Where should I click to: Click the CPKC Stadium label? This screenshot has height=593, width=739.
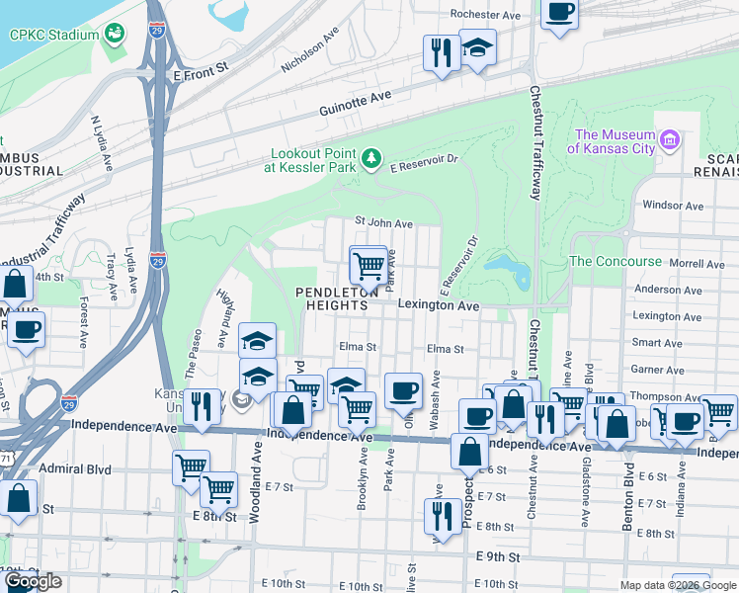(x=54, y=35)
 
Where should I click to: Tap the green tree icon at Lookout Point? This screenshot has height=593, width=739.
(x=371, y=158)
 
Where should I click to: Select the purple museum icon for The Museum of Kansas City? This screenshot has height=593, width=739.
(x=670, y=139)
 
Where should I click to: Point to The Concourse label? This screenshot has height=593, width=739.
(x=616, y=261)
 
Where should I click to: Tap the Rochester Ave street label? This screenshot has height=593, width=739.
(x=485, y=15)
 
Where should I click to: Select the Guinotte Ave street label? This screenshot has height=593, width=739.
(x=356, y=99)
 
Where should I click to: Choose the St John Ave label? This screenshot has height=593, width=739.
(x=383, y=224)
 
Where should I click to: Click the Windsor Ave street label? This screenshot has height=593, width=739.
(x=672, y=206)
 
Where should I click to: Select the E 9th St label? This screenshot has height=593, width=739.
(x=498, y=557)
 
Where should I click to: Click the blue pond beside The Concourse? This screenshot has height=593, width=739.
(x=507, y=268)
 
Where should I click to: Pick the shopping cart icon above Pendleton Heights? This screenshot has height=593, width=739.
(x=368, y=265)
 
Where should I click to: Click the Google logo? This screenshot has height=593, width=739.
(x=33, y=581)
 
